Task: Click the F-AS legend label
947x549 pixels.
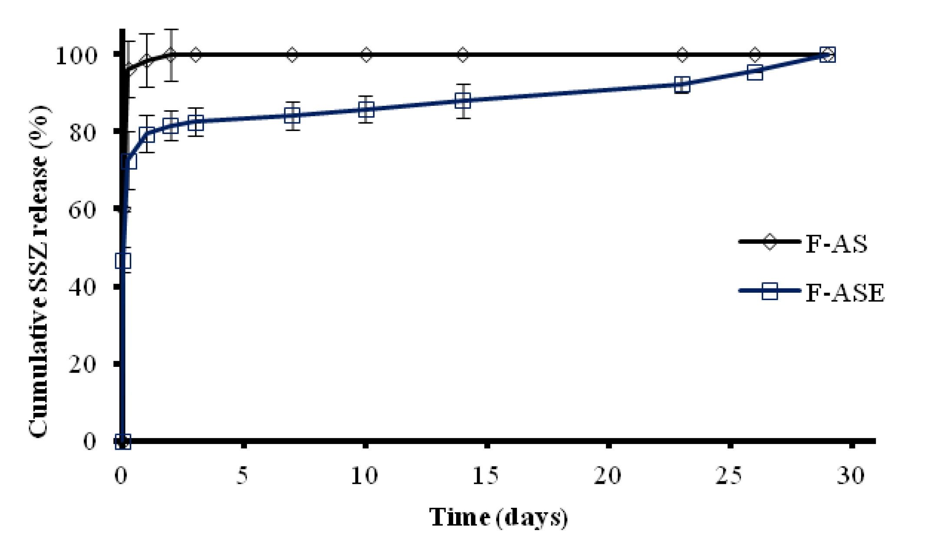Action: pyautogui.click(x=836, y=244)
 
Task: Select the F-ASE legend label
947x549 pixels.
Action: pyautogui.click(x=845, y=293)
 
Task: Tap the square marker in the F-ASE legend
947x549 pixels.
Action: pyautogui.click(x=769, y=291)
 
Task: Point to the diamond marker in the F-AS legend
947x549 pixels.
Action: pyautogui.click(x=769, y=242)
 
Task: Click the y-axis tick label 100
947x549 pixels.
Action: pyautogui.click(x=76, y=56)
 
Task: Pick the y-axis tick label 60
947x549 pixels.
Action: pyautogui.click(x=82, y=210)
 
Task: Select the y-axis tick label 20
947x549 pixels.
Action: pyautogui.click(x=82, y=365)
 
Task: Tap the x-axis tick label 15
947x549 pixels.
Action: pyautogui.click(x=485, y=476)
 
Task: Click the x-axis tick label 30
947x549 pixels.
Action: pyautogui.click(x=851, y=476)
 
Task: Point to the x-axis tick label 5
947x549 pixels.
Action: pyautogui.click(x=243, y=476)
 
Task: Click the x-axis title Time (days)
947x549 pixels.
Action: pyautogui.click(x=498, y=517)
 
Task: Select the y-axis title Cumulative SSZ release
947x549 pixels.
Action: pyautogui.click(x=39, y=271)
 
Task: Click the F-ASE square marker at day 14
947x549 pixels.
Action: pyautogui.click(x=463, y=101)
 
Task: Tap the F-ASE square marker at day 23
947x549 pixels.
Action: pyautogui.click(x=682, y=85)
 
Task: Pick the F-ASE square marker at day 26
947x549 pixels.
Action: pyautogui.click(x=755, y=73)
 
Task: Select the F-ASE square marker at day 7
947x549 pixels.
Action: pyautogui.click(x=293, y=116)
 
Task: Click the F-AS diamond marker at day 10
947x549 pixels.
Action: pyautogui.click(x=366, y=55)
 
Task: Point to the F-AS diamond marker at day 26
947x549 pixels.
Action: pyautogui.click(x=755, y=55)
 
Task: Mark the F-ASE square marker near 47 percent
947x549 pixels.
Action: pyautogui.click(x=123, y=261)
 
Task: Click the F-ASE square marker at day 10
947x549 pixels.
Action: pyautogui.click(x=366, y=109)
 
